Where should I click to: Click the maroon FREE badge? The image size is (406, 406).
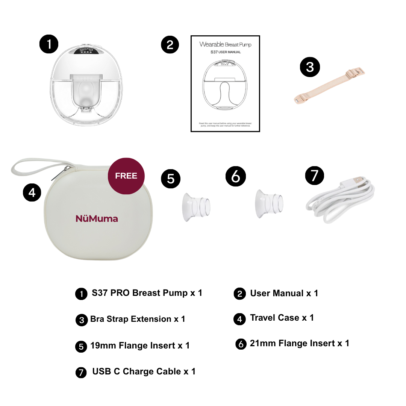coord(126,176)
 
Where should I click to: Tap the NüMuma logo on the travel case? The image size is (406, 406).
coord(97,218)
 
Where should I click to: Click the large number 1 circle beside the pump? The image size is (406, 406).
coord(49,44)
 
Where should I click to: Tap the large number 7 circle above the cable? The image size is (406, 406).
coord(315,175)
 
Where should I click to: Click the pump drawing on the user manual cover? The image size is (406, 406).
coord(225,85)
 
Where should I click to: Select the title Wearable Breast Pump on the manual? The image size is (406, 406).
coord(225,44)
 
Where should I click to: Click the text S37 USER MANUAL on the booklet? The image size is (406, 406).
coord(225,52)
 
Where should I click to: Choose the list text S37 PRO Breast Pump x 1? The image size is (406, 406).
coord(147,293)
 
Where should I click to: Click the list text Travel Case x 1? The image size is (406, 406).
coord(282,318)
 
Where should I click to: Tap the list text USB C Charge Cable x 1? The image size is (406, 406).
coord(144,371)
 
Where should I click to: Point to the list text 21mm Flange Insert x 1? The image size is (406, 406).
coord(299,343)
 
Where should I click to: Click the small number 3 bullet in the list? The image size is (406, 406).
coord(82,320)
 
